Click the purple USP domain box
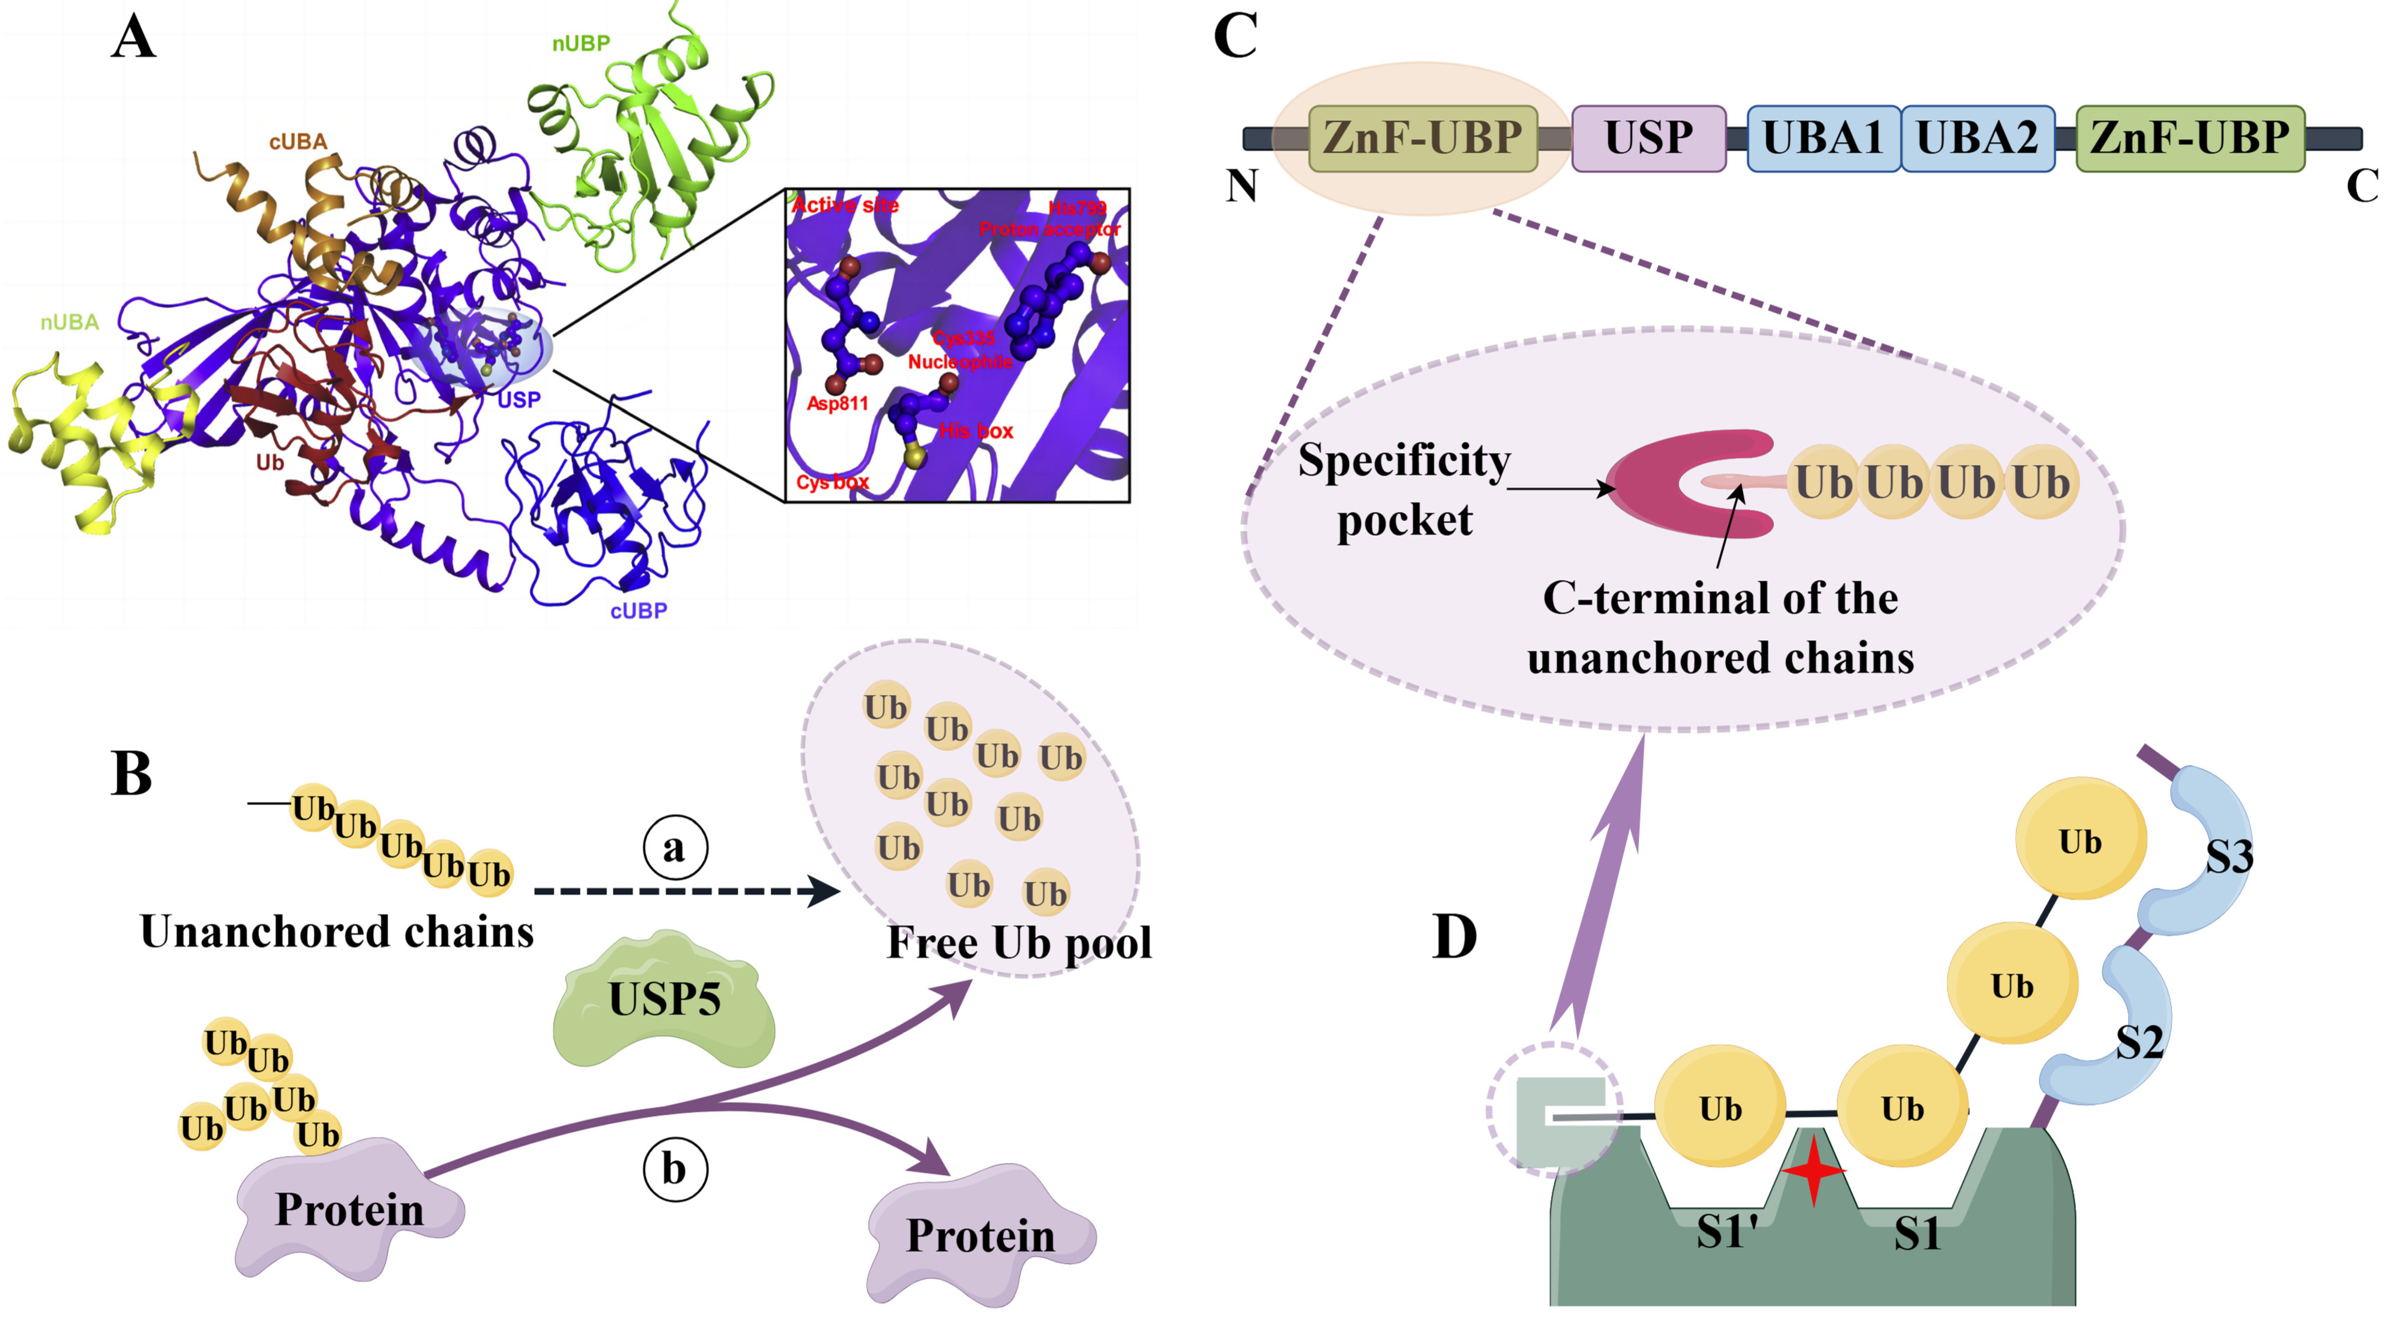1648,138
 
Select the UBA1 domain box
1822,138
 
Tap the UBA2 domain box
1977,138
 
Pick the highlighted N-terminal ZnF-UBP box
1422,138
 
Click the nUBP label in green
581,44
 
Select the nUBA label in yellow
70,322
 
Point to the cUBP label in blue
638,611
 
